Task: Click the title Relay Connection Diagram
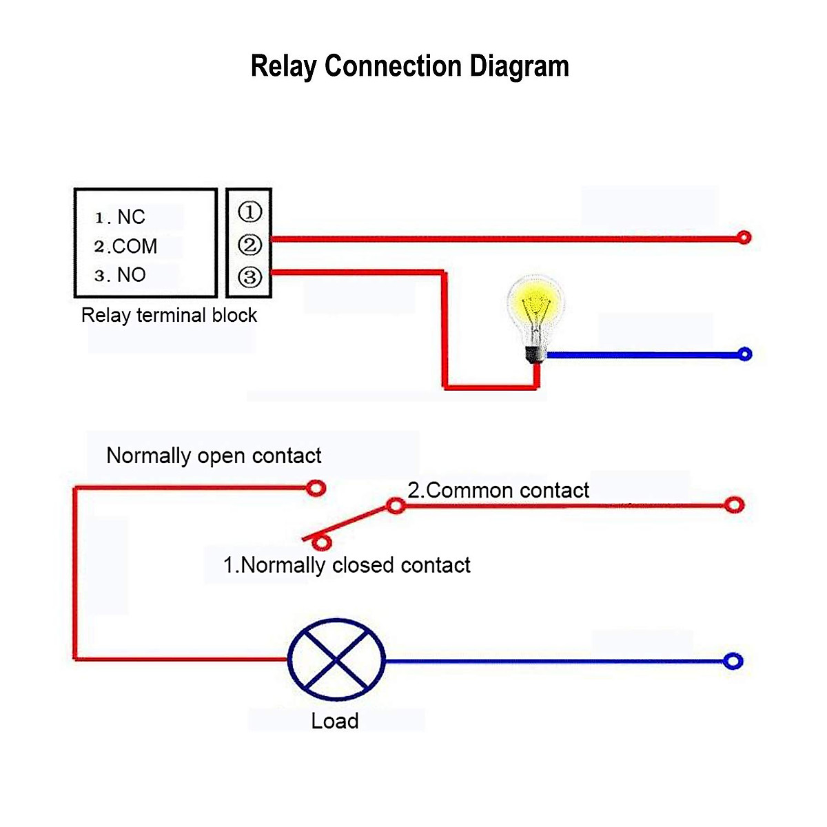409,66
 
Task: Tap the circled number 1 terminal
249,212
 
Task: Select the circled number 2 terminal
249,245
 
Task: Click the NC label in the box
130,217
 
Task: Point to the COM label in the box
134,246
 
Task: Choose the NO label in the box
131,275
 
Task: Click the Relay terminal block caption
169,316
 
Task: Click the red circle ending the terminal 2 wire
744,238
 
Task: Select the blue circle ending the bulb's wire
744,354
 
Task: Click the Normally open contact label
214,456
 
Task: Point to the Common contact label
498,490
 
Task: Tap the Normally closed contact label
347,565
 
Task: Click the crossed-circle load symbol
336,660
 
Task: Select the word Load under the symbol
335,721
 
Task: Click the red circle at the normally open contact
316,488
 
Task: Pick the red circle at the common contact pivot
395,507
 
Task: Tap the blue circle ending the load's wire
733,661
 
